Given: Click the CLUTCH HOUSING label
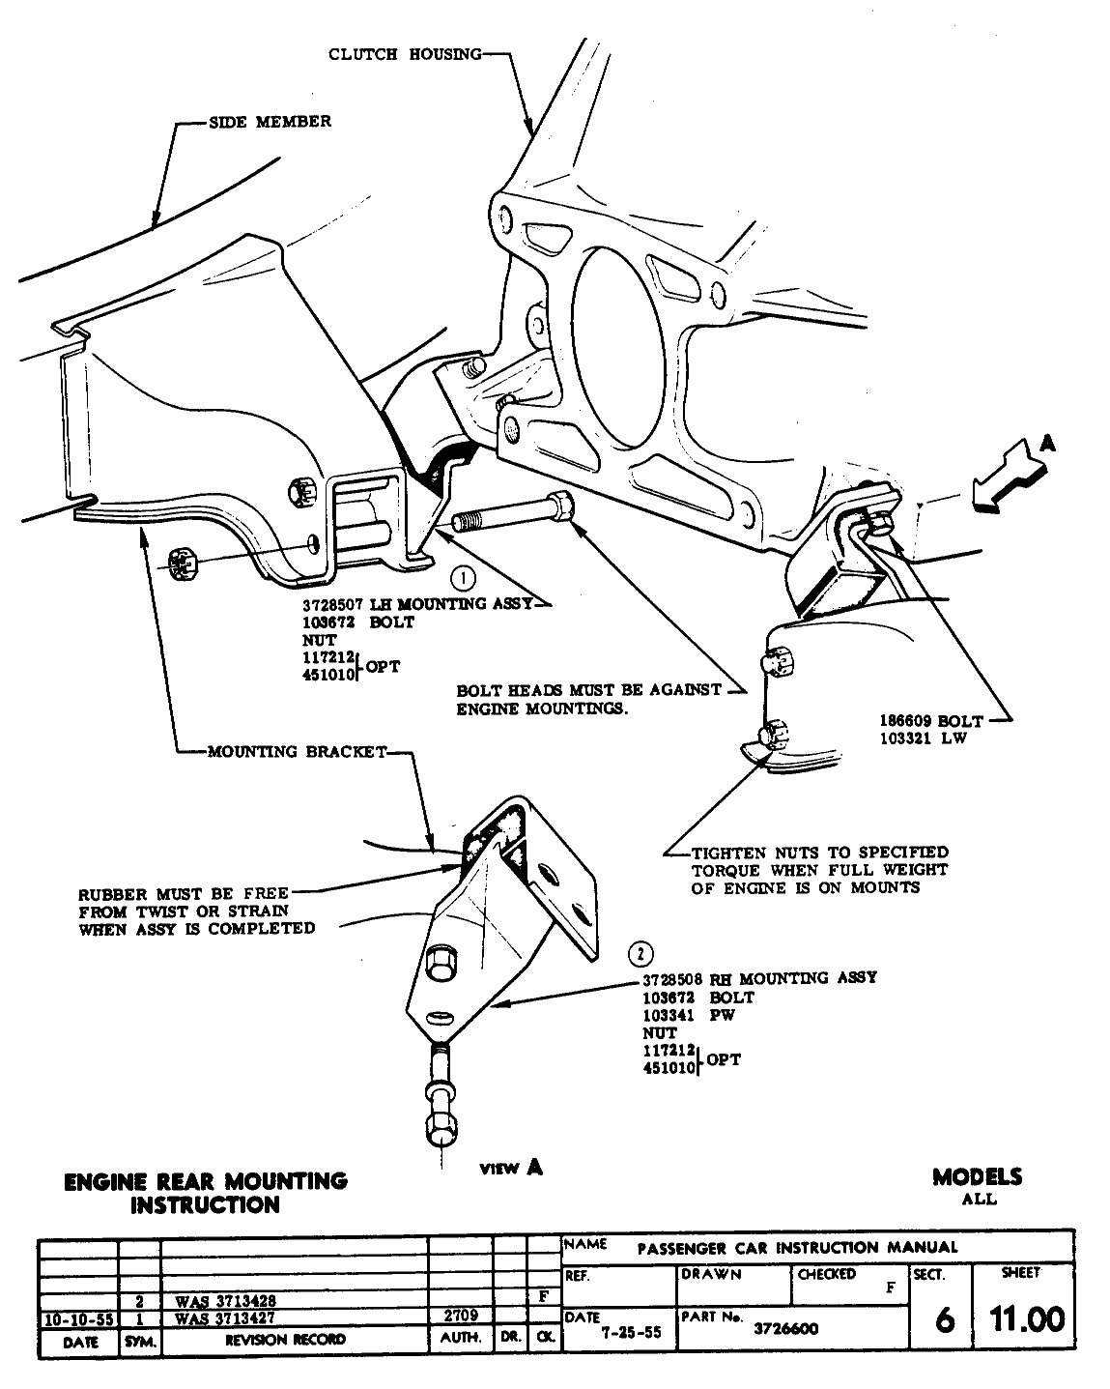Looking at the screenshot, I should pyautogui.click(x=405, y=54).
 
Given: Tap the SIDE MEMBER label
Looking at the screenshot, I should pyautogui.click(x=270, y=122).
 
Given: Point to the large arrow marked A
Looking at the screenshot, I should pyautogui.click(x=1010, y=475).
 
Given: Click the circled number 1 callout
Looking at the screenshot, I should pyautogui.click(x=464, y=579).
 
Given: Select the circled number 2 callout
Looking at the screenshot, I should pyautogui.click(x=640, y=954).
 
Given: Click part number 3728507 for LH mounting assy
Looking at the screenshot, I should pyautogui.click(x=334, y=604).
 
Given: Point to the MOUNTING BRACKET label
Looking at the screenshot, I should pyautogui.click(x=297, y=752).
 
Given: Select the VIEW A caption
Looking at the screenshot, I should pyautogui.click(x=511, y=1168).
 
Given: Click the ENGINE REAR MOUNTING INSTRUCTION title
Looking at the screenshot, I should pyautogui.click(x=204, y=1193).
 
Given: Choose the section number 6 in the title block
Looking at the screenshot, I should pyautogui.click(x=945, y=1320).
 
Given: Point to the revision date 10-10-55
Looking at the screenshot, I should pyautogui.click(x=78, y=1317).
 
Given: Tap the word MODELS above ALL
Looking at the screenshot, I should pyautogui.click(x=977, y=1177).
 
